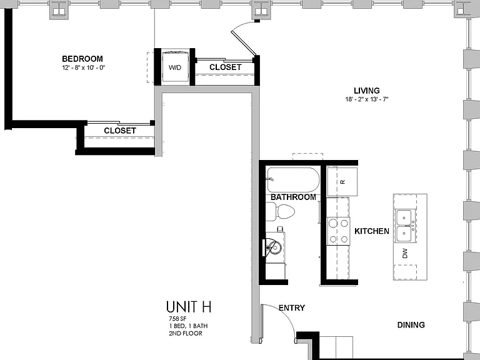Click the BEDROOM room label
coord(82,59)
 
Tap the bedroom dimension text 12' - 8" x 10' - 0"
coord(84,67)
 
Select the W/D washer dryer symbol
coord(175,67)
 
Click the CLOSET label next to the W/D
coord(225,67)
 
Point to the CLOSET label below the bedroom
coord(120,131)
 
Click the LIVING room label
coord(367,91)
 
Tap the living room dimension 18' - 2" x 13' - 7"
coord(367,99)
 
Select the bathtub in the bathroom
coord(293,180)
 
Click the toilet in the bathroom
coord(280,211)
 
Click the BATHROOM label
coord(293,197)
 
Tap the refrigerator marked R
coord(342,181)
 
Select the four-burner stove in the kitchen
coord(338,231)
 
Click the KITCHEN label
coord(372,231)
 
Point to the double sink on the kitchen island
coord(404,226)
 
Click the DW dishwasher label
coord(405,253)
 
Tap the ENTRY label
coord(292,307)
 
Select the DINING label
coord(411,325)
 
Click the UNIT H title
coord(189,307)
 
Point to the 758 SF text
coord(177,318)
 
